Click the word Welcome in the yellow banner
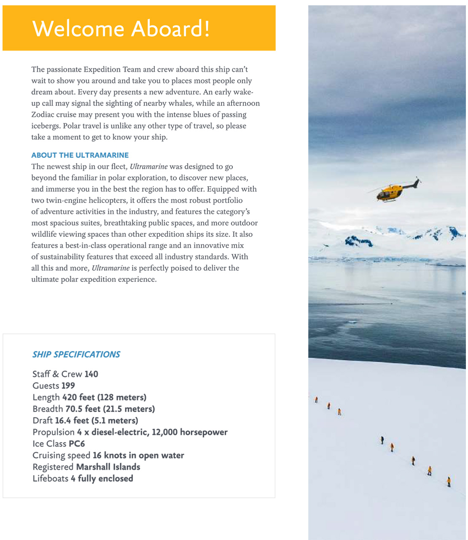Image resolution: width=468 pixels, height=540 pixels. (x=78, y=29)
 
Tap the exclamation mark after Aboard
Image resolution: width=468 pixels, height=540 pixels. (x=207, y=29)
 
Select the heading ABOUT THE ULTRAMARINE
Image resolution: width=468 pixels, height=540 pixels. (x=80, y=155)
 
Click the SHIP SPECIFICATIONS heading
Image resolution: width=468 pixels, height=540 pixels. (x=76, y=354)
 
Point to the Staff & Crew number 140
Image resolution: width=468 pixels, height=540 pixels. (x=91, y=374)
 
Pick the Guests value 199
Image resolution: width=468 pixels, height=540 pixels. (x=68, y=386)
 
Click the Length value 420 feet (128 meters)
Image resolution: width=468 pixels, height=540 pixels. (x=104, y=397)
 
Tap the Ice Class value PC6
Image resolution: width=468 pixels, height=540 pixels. (x=77, y=444)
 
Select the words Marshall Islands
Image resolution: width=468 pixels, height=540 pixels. (x=108, y=467)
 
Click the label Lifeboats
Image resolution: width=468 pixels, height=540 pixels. (x=50, y=478)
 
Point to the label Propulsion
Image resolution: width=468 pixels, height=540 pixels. (x=54, y=432)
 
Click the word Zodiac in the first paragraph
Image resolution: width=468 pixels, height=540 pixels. (x=43, y=115)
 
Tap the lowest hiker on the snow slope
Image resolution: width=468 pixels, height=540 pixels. (x=449, y=481)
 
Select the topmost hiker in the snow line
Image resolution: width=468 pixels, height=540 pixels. (x=316, y=400)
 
